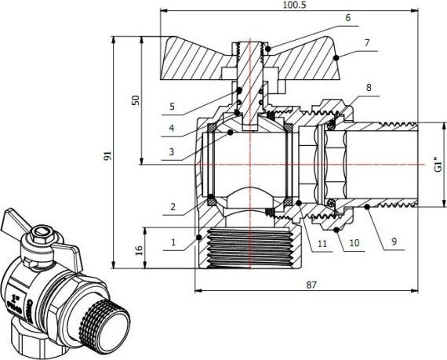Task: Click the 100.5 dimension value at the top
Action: click(x=295, y=5)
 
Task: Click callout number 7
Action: click(x=367, y=42)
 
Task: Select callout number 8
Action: click(x=369, y=89)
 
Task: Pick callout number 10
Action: click(x=354, y=244)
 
